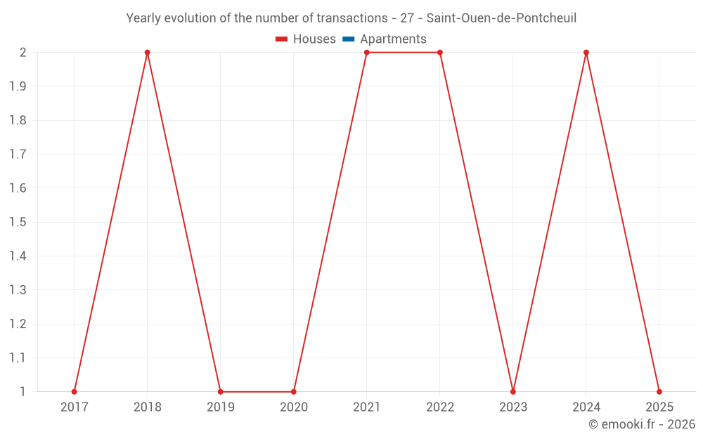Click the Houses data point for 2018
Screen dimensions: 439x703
pyautogui.click(x=147, y=53)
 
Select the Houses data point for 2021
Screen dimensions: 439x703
pyautogui.click(x=367, y=53)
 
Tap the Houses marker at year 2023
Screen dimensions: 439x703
pyautogui.click(x=513, y=391)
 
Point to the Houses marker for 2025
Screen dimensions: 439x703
pyautogui.click(x=659, y=391)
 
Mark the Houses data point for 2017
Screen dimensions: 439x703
pyautogui.click(x=74, y=391)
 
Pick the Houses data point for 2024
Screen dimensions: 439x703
pyautogui.click(x=586, y=53)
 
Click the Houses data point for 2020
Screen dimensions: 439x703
pyautogui.click(x=293, y=391)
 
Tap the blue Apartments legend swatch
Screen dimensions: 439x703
pyautogui.click(x=348, y=39)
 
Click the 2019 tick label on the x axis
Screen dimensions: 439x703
pyautogui.click(x=220, y=407)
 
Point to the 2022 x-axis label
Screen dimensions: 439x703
pyautogui.click(x=440, y=407)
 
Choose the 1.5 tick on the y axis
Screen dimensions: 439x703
pyautogui.click(x=18, y=223)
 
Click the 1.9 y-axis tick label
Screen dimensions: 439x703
pyautogui.click(x=18, y=86)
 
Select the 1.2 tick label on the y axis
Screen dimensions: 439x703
pyautogui.click(x=18, y=324)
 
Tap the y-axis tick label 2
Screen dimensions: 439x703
pyautogui.click(x=23, y=53)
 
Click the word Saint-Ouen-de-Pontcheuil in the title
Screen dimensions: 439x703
pyautogui.click(x=501, y=18)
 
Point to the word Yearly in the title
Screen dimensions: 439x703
pyautogui.click(x=143, y=18)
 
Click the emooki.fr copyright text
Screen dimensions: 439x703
pyautogui.click(x=641, y=424)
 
